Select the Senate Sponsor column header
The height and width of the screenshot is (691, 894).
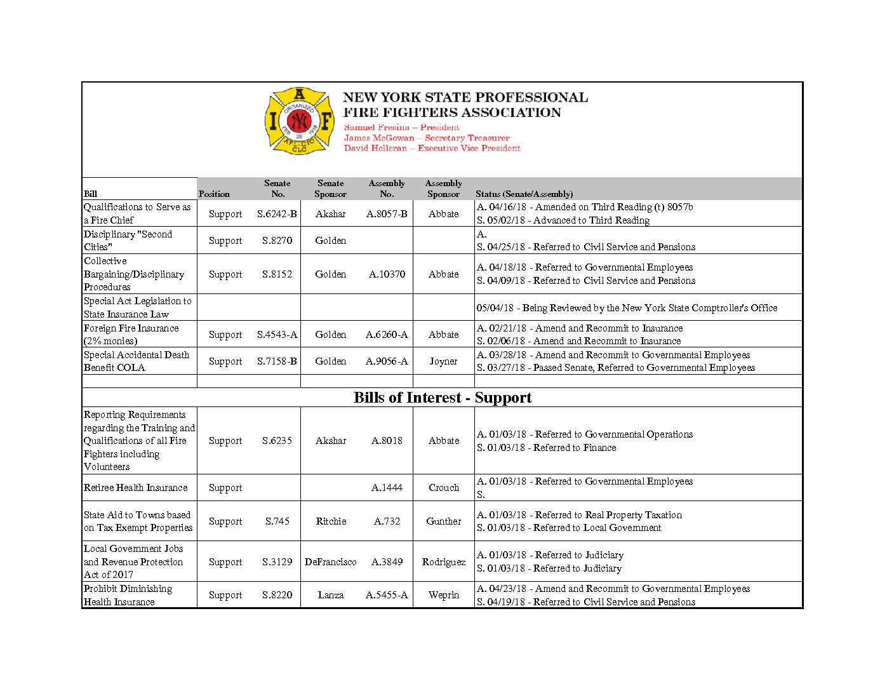330,189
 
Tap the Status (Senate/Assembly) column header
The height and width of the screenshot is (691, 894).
524,194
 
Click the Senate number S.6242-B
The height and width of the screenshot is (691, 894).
277,214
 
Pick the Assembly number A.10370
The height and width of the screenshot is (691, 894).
387,274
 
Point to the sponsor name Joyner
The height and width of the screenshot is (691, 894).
443,361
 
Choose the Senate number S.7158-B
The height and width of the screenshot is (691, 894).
277,361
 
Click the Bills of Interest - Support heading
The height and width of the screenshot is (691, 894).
443,398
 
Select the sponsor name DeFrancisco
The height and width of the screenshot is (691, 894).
330,562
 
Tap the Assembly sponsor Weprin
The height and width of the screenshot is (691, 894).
443,595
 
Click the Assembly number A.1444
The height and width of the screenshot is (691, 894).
387,488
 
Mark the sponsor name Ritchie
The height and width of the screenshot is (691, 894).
331,521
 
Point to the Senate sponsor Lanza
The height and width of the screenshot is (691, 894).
331,595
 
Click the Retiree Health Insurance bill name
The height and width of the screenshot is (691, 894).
136,488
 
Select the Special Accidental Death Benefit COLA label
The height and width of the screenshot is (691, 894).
137,361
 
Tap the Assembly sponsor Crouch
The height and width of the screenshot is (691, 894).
443,488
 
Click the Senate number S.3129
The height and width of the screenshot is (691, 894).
277,562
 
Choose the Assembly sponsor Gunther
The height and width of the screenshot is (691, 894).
443,521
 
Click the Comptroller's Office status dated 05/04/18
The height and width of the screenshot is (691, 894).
627,308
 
